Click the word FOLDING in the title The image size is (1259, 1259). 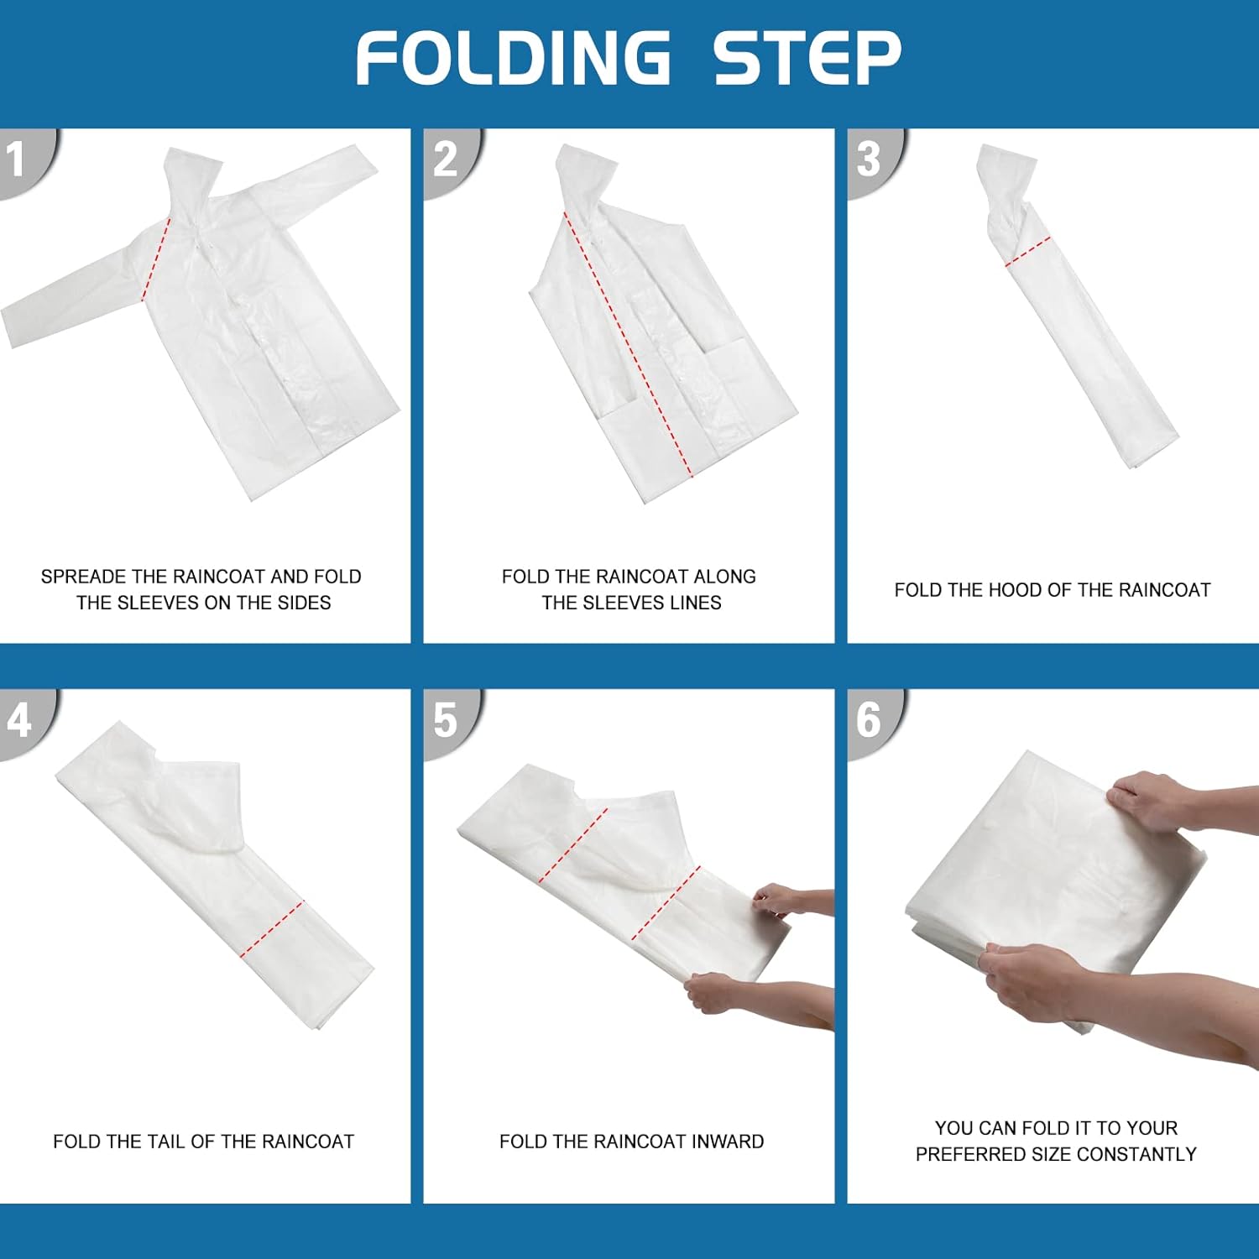[x=514, y=57]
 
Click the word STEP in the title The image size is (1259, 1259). [x=807, y=57]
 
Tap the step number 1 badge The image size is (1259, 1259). [x=25, y=161]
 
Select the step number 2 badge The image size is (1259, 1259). [x=452, y=161]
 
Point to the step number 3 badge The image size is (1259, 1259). [x=875, y=161]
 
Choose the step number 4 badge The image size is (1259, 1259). [x=25, y=722]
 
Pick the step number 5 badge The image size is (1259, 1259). [x=452, y=722]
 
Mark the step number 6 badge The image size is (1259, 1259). [x=875, y=722]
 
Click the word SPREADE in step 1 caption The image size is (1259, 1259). [x=83, y=577]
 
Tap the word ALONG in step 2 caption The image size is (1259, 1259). [x=724, y=577]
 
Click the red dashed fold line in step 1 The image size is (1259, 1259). [x=157, y=258]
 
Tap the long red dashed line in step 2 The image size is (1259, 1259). [x=629, y=344]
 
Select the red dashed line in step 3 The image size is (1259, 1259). [x=1028, y=252]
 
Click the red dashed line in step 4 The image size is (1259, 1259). [x=272, y=929]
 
